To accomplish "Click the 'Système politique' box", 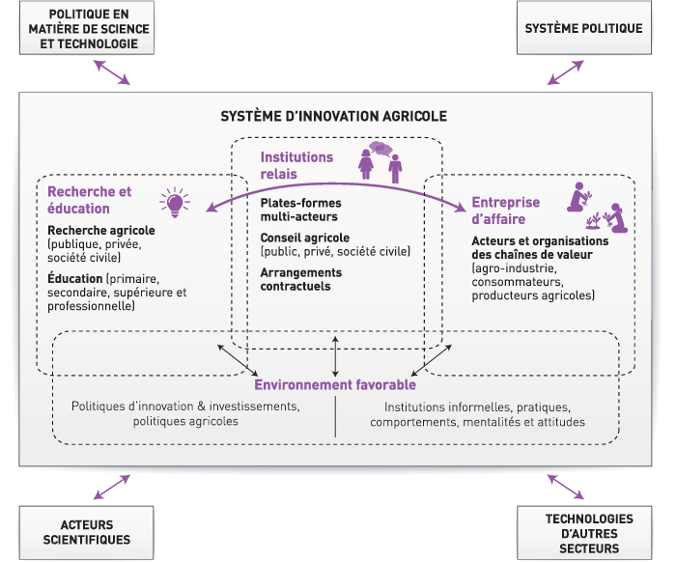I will point(583,29).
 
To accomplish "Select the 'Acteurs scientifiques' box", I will point(87,531).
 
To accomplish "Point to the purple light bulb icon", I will point(174,203).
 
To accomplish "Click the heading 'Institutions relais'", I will point(296,165).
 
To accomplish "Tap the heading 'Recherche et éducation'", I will point(89,200).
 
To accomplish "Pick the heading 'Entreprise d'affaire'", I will point(505,211).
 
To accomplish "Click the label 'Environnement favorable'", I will point(335,385).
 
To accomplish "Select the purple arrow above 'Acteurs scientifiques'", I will point(111,486).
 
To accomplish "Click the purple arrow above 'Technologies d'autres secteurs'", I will point(565,486).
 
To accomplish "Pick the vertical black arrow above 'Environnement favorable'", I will point(335,354).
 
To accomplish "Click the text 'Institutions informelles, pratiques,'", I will point(477,407).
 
